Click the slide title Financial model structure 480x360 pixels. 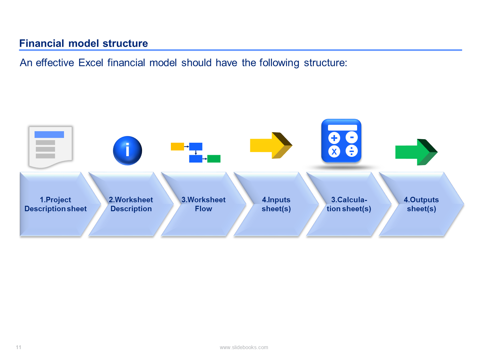tap(83, 43)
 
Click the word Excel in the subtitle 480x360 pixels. tap(90, 62)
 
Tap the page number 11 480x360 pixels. tap(19, 347)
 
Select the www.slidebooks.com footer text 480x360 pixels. tap(244, 347)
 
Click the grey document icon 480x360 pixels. tap(51, 147)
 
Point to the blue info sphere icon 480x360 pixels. tap(127, 151)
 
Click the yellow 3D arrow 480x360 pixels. tap(271, 145)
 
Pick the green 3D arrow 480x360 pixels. tap(416, 152)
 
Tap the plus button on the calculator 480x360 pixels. tap(334, 138)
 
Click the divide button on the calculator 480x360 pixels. tap(351, 151)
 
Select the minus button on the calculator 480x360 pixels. tap(351, 138)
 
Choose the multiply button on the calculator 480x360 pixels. tap(334, 151)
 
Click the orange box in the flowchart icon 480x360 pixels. tap(177, 147)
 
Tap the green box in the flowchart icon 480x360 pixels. tap(214, 158)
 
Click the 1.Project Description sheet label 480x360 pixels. tap(56, 204)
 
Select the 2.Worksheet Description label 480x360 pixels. tap(131, 204)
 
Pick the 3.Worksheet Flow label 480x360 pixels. tap(204, 204)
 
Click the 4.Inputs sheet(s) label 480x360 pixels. tap(276, 204)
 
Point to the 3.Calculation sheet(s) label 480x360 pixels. tap(349, 204)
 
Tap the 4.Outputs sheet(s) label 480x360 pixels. tap(421, 204)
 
